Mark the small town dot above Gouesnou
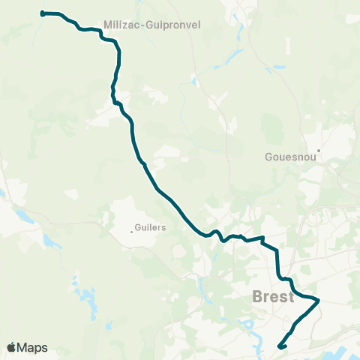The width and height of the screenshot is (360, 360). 318,150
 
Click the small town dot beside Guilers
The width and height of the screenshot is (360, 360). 132,231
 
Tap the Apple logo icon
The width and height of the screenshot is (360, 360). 12,347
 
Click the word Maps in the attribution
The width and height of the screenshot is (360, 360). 33,348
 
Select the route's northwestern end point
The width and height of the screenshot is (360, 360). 43,13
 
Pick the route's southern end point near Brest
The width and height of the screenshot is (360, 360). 280,346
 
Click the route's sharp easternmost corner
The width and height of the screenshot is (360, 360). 319,301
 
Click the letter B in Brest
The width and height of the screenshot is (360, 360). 258,296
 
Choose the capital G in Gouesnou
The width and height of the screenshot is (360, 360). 269,157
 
